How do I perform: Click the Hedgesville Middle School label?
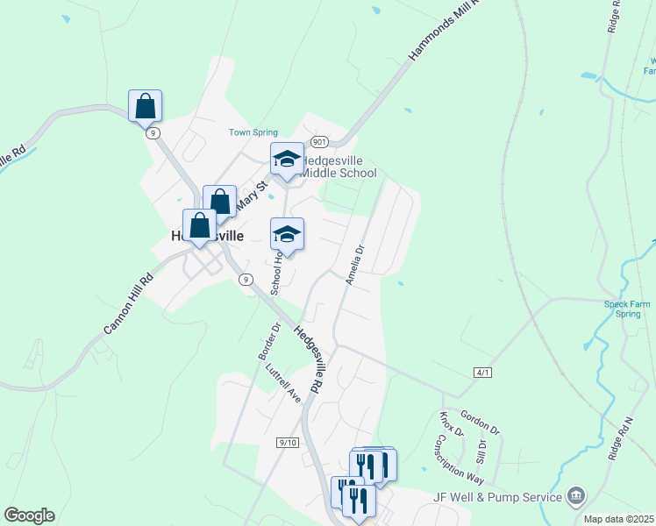339,167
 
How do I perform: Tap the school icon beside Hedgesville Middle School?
287,160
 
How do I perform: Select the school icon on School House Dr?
287,234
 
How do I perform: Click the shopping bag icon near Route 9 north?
145,106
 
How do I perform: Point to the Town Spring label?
253,133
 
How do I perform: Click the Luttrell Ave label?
283,382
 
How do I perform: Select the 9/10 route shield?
288,443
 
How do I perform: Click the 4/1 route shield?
482,373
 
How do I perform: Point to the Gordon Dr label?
480,425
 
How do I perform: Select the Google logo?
29,515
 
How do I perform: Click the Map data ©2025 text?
618,519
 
